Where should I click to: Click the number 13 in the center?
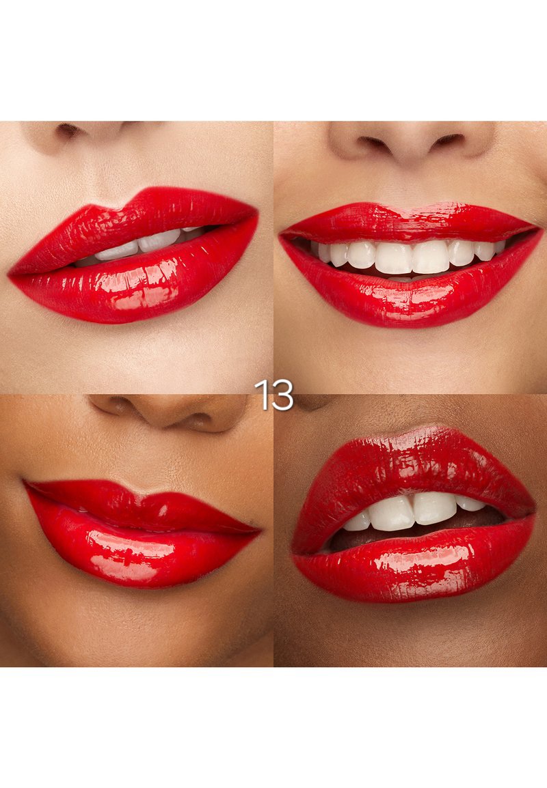[273, 395]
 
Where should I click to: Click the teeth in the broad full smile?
[410, 256]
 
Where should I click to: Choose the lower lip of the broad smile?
[410, 302]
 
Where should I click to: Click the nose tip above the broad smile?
[410, 143]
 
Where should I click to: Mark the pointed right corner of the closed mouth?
[260, 529]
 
